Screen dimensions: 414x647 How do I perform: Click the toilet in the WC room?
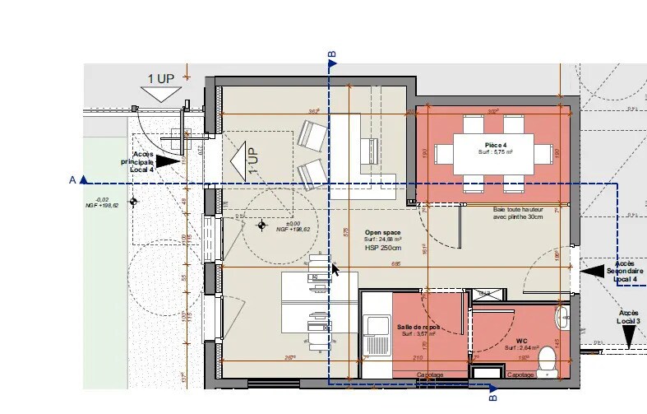(547, 359)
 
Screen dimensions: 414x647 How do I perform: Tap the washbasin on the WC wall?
(563, 316)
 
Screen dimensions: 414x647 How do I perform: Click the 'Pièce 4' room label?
(496, 145)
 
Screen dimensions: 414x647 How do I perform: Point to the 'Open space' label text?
(381, 233)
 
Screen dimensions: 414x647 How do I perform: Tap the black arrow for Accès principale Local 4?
(167, 162)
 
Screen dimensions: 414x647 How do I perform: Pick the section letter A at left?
(72, 179)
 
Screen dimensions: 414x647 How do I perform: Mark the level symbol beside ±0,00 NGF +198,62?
(262, 225)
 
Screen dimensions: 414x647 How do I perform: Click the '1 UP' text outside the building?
(160, 79)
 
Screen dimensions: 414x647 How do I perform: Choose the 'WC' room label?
(521, 341)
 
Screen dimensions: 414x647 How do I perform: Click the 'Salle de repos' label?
(418, 327)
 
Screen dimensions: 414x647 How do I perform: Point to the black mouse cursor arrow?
(335, 269)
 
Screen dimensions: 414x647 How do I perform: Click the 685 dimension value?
(395, 263)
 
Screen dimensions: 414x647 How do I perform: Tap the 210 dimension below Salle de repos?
(417, 359)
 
